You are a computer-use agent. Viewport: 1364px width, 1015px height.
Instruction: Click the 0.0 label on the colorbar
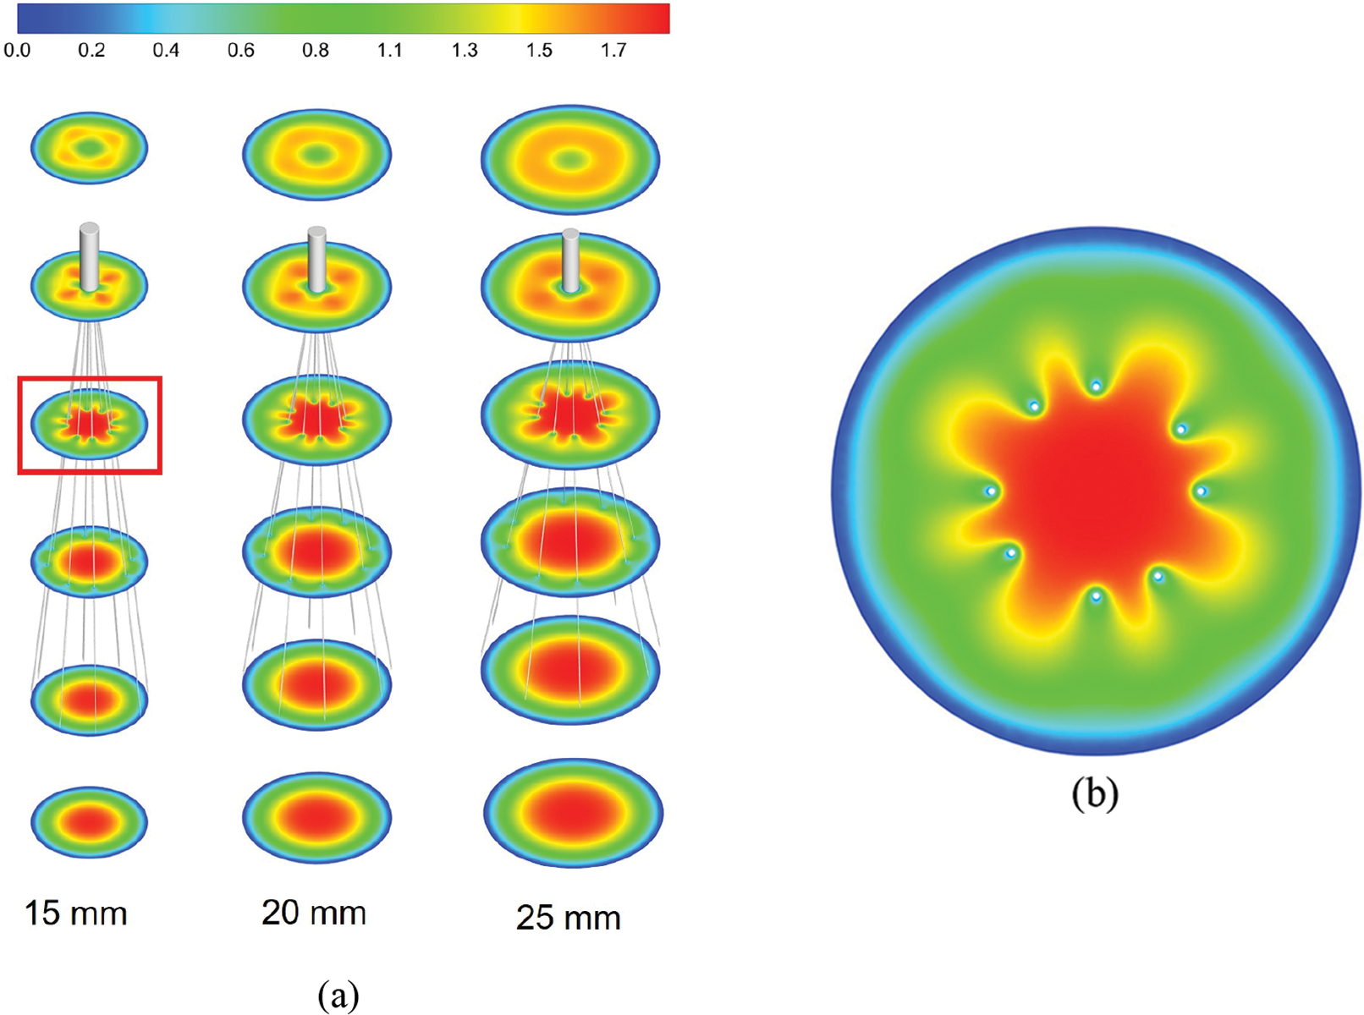pyautogui.click(x=17, y=51)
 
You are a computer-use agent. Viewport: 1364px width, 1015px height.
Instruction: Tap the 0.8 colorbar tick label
pyautogui.click(x=316, y=51)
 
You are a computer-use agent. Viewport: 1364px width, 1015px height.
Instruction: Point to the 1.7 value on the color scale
pyautogui.click(x=613, y=51)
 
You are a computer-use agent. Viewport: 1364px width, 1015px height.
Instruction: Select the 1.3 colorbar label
pyautogui.click(x=465, y=51)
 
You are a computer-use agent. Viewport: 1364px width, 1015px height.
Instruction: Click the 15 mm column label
pyautogui.click(x=76, y=913)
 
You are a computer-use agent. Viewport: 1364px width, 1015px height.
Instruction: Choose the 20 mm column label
pyautogui.click(x=314, y=913)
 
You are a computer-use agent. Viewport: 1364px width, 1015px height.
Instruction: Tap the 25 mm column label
pyautogui.click(x=569, y=918)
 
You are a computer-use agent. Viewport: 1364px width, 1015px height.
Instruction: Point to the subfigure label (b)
pyautogui.click(x=1095, y=793)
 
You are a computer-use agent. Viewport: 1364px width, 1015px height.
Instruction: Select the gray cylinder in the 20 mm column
pyautogui.click(x=316, y=258)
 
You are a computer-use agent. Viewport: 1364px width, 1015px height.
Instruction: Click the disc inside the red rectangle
pyautogui.click(x=89, y=424)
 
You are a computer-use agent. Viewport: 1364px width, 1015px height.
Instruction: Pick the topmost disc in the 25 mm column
pyautogui.click(x=570, y=160)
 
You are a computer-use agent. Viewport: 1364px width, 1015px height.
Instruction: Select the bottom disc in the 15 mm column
pyautogui.click(x=89, y=821)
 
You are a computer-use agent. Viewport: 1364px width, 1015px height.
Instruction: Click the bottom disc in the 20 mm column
pyautogui.click(x=316, y=817)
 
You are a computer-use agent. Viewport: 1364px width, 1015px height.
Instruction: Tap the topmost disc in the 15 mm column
pyautogui.click(x=89, y=148)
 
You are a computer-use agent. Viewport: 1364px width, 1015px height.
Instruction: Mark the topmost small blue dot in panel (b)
pyautogui.click(x=1096, y=387)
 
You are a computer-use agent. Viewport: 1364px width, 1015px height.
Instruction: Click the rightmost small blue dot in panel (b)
pyautogui.click(x=1200, y=491)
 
